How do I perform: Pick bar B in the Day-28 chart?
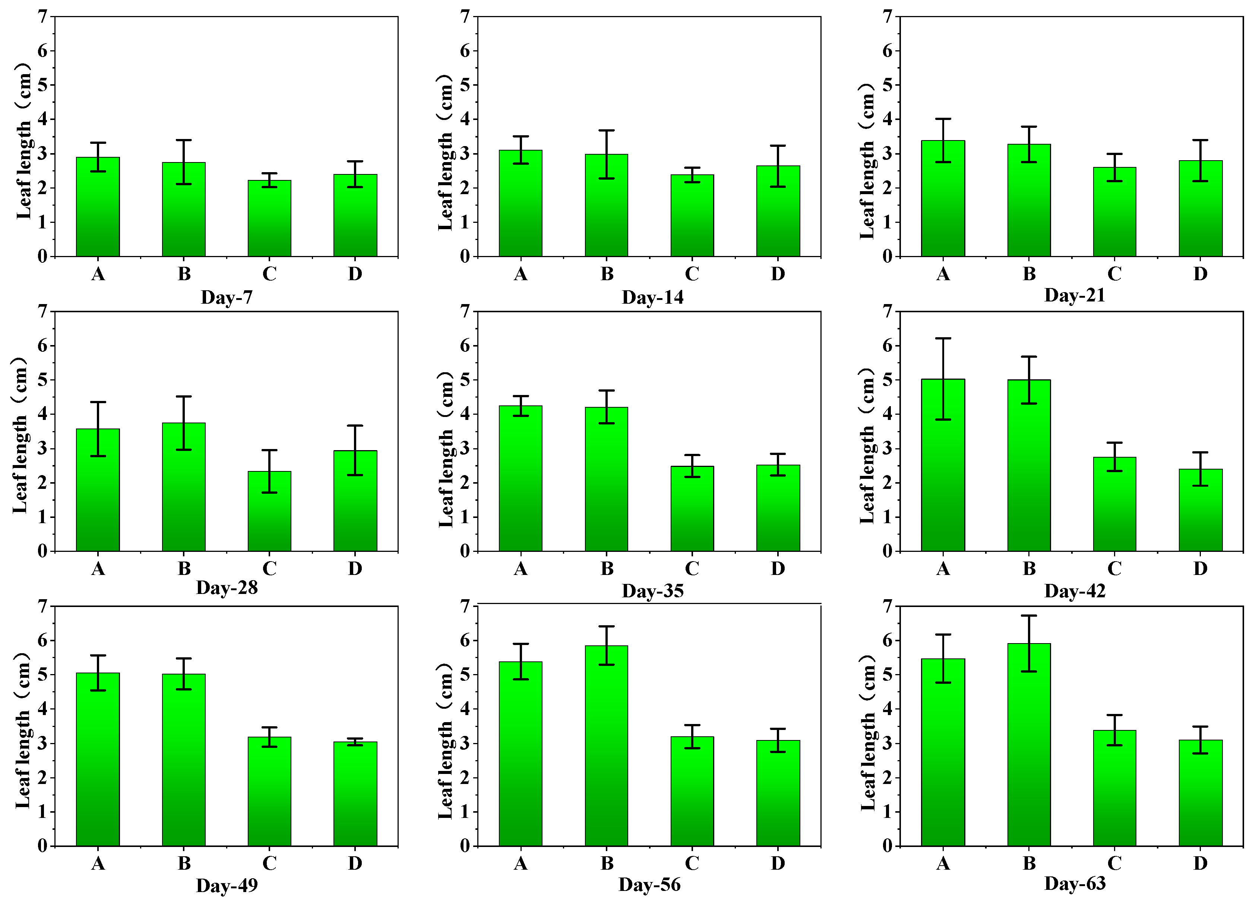184,487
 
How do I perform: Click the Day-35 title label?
652,591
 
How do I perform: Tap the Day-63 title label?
1074,883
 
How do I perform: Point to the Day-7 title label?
227,297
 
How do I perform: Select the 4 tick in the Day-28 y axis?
42,414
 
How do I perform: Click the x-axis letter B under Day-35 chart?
607,568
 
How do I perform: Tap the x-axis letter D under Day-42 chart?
1200,568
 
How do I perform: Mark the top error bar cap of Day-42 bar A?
943,338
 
